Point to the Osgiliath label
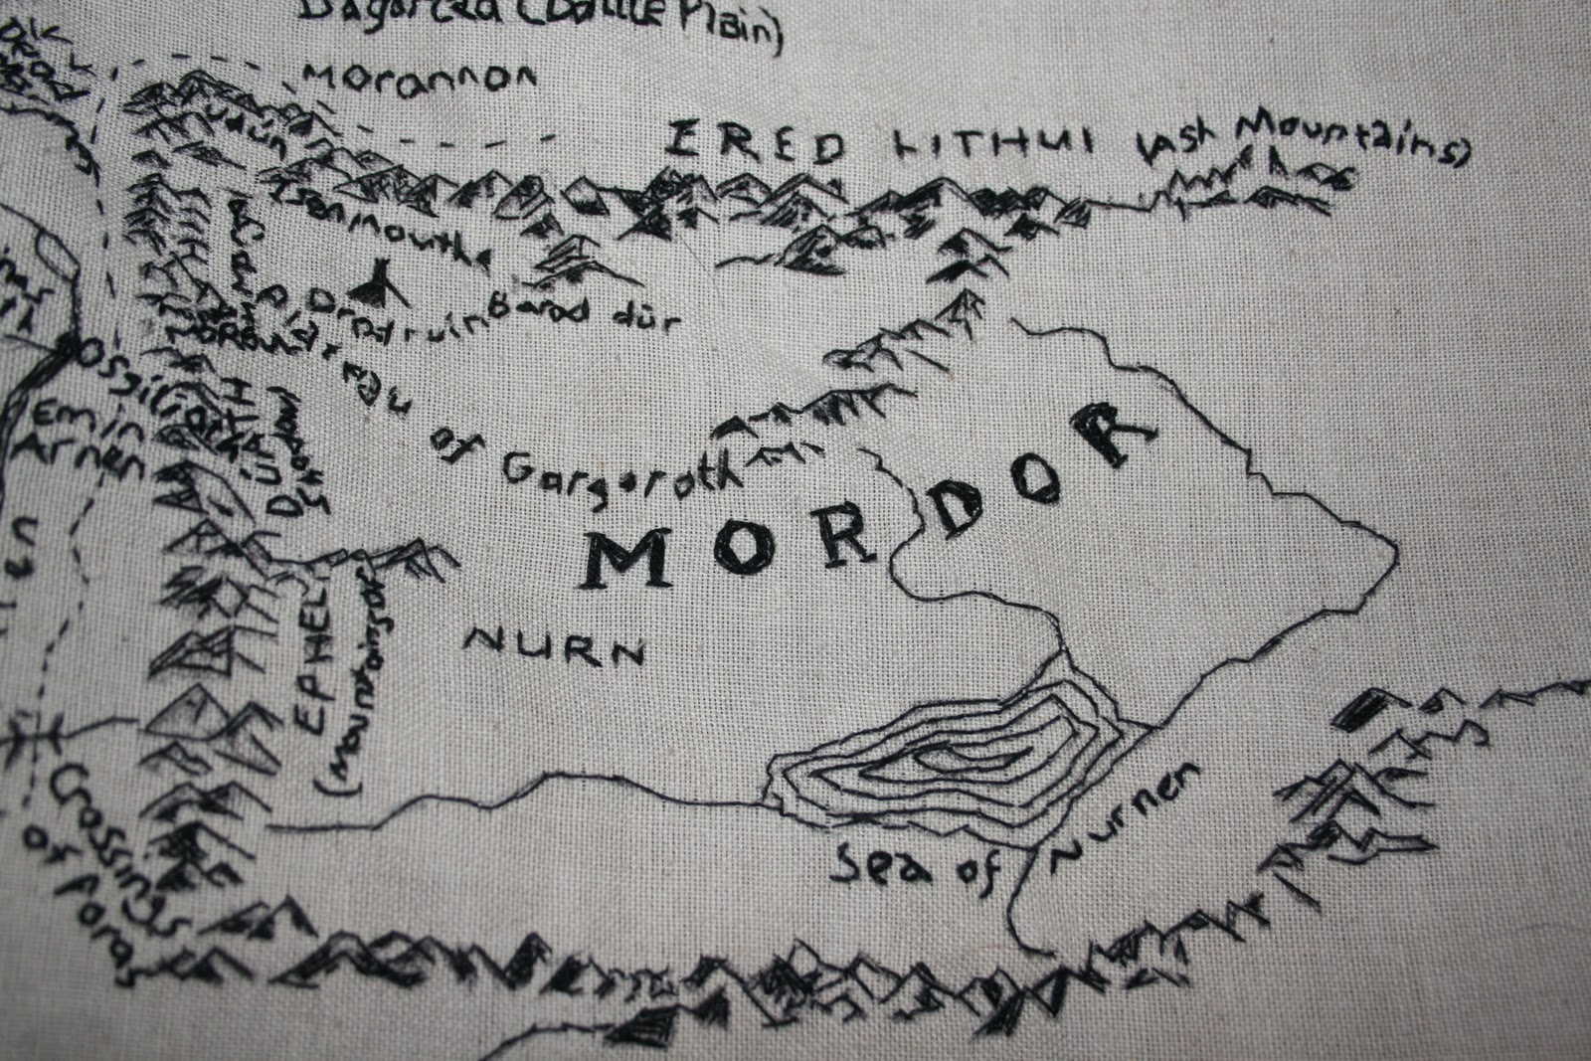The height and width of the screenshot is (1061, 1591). click(149, 383)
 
